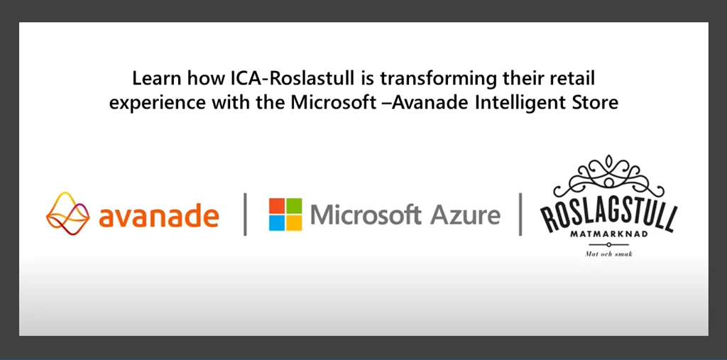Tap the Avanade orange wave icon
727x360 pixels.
[67, 214]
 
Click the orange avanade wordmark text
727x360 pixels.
[158, 216]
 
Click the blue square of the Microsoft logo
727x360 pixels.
[277, 223]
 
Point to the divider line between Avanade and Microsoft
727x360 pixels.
[245, 214]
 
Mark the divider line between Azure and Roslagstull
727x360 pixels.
[520, 214]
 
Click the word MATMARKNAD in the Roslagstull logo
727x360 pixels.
[608, 235]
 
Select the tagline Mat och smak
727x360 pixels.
[608, 254]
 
